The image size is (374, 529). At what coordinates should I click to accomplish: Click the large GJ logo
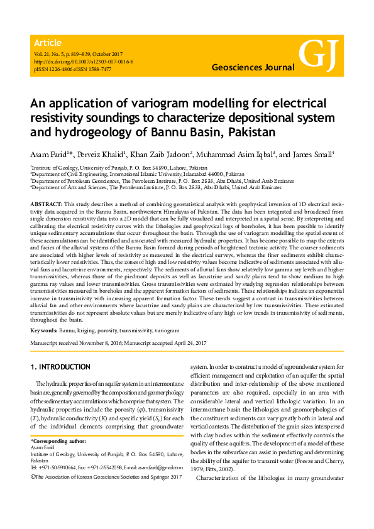click(x=319, y=55)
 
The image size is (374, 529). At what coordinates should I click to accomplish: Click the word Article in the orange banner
click(x=48, y=43)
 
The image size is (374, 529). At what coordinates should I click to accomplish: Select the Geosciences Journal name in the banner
click(x=253, y=67)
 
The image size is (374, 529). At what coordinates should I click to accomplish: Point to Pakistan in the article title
click(x=250, y=132)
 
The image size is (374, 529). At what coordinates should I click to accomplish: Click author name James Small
click(x=316, y=155)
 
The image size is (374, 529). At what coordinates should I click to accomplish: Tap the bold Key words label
click(x=44, y=329)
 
